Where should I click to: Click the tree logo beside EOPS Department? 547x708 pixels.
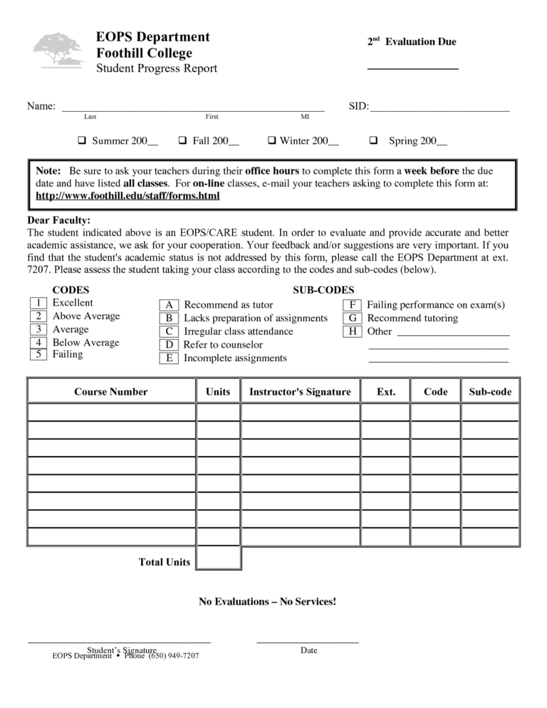point(58,50)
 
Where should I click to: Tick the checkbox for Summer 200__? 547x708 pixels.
point(81,140)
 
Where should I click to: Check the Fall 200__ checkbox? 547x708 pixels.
point(182,140)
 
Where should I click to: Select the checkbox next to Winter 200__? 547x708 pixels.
point(271,140)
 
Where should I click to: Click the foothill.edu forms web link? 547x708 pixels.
point(127,196)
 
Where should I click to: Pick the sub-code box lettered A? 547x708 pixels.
point(169,306)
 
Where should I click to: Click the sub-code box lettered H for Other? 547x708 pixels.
point(353,331)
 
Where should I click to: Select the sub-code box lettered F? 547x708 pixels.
point(353,305)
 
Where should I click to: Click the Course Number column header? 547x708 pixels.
point(111,392)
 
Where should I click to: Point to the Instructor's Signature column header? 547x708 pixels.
point(300,392)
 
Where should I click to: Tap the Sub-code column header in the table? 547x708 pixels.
point(490,392)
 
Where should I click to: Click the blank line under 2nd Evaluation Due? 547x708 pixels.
point(412,68)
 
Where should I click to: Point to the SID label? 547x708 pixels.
point(358,107)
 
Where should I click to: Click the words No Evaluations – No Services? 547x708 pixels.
point(267,602)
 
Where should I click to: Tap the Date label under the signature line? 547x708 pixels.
point(308,650)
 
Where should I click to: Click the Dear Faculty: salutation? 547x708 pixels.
point(58,221)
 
